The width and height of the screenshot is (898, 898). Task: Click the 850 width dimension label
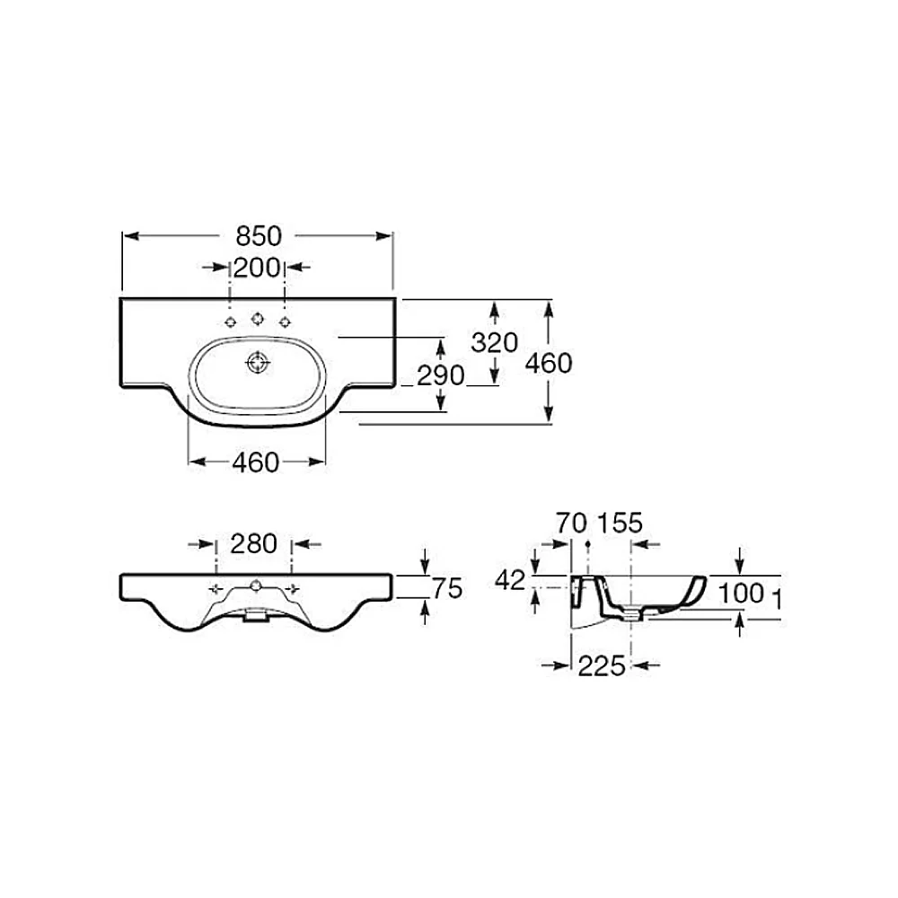pyautogui.click(x=259, y=236)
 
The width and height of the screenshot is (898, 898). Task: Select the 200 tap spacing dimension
pyautogui.click(x=257, y=268)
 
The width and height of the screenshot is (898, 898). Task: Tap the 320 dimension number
pyautogui.click(x=494, y=342)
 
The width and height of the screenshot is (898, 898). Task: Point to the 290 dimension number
pyautogui.click(x=440, y=375)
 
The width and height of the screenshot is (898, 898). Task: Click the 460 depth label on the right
pyautogui.click(x=549, y=363)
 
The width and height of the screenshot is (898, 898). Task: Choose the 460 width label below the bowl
pyautogui.click(x=255, y=462)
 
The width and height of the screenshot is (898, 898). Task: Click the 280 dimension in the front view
pyautogui.click(x=254, y=543)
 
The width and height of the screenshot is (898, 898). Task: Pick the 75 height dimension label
pyautogui.click(x=447, y=588)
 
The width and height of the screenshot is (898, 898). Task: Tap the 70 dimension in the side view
pyautogui.click(x=571, y=523)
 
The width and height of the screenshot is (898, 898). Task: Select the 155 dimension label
pyautogui.click(x=621, y=523)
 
